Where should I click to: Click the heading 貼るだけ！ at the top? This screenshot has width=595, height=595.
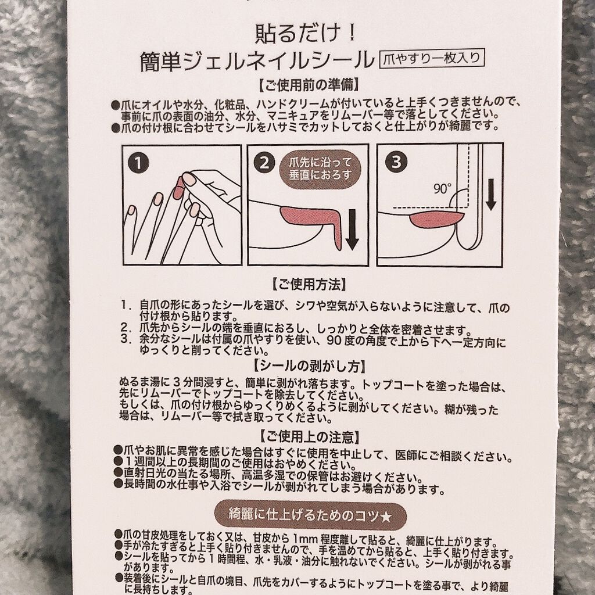[306, 33]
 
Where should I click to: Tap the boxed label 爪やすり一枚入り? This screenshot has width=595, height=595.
[432, 59]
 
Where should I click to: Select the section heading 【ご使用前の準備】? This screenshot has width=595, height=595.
[309, 85]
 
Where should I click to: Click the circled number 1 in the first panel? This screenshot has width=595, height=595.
[138, 163]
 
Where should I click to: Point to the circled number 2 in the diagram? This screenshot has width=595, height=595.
[264, 163]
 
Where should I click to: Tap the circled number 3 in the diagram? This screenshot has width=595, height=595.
[396, 162]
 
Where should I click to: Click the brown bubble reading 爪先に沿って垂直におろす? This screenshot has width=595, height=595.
[320, 169]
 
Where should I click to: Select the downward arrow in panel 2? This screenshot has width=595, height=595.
[352, 230]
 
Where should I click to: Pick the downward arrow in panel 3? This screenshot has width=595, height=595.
[490, 195]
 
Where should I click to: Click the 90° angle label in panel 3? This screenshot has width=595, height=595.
[442, 188]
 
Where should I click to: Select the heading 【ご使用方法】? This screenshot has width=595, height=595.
[309, 284]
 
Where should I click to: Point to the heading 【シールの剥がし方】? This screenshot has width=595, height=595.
[309, 366]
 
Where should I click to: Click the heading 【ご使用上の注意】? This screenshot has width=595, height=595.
[309, 437]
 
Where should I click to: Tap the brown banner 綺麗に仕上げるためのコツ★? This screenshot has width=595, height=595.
[310, 516]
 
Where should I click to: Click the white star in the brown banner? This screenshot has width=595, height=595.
[386, 517]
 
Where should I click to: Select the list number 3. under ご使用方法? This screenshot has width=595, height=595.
[126, 339]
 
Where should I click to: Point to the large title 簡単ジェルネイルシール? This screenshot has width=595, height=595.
[257, 60]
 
